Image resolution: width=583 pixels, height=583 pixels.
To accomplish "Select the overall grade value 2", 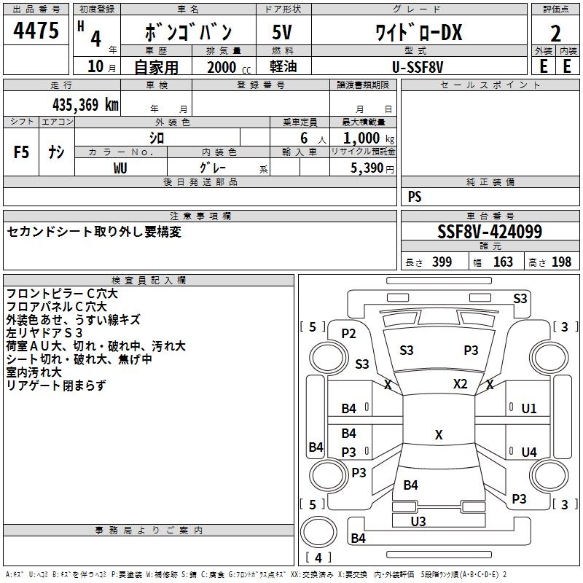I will [555, 33].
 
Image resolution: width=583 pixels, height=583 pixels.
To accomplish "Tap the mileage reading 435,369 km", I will [85, 104].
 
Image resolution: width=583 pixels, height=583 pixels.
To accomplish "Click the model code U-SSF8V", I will [418, 66].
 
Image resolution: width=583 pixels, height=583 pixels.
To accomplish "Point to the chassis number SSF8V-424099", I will [489, 232].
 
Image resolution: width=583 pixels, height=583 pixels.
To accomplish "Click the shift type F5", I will [22, 152].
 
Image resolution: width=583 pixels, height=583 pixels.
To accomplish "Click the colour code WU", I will [120, 168].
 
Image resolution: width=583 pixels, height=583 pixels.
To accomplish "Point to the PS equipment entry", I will [415, 197].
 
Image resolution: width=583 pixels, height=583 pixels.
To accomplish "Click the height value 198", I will [561, 262].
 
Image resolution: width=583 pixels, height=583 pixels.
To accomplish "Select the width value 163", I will [503, 262].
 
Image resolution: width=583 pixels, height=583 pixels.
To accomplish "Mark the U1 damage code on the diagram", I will [528, 408].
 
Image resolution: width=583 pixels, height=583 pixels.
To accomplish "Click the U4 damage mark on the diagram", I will [528, 453].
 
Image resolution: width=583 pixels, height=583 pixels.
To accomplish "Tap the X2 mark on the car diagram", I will [460, 384].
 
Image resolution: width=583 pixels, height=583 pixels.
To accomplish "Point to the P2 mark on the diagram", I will [348, 334].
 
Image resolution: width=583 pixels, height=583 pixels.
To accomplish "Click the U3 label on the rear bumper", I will [418, 521].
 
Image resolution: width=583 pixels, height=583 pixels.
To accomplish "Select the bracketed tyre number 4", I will [318, 557].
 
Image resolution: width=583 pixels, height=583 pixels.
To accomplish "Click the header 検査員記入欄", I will [149, 280].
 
